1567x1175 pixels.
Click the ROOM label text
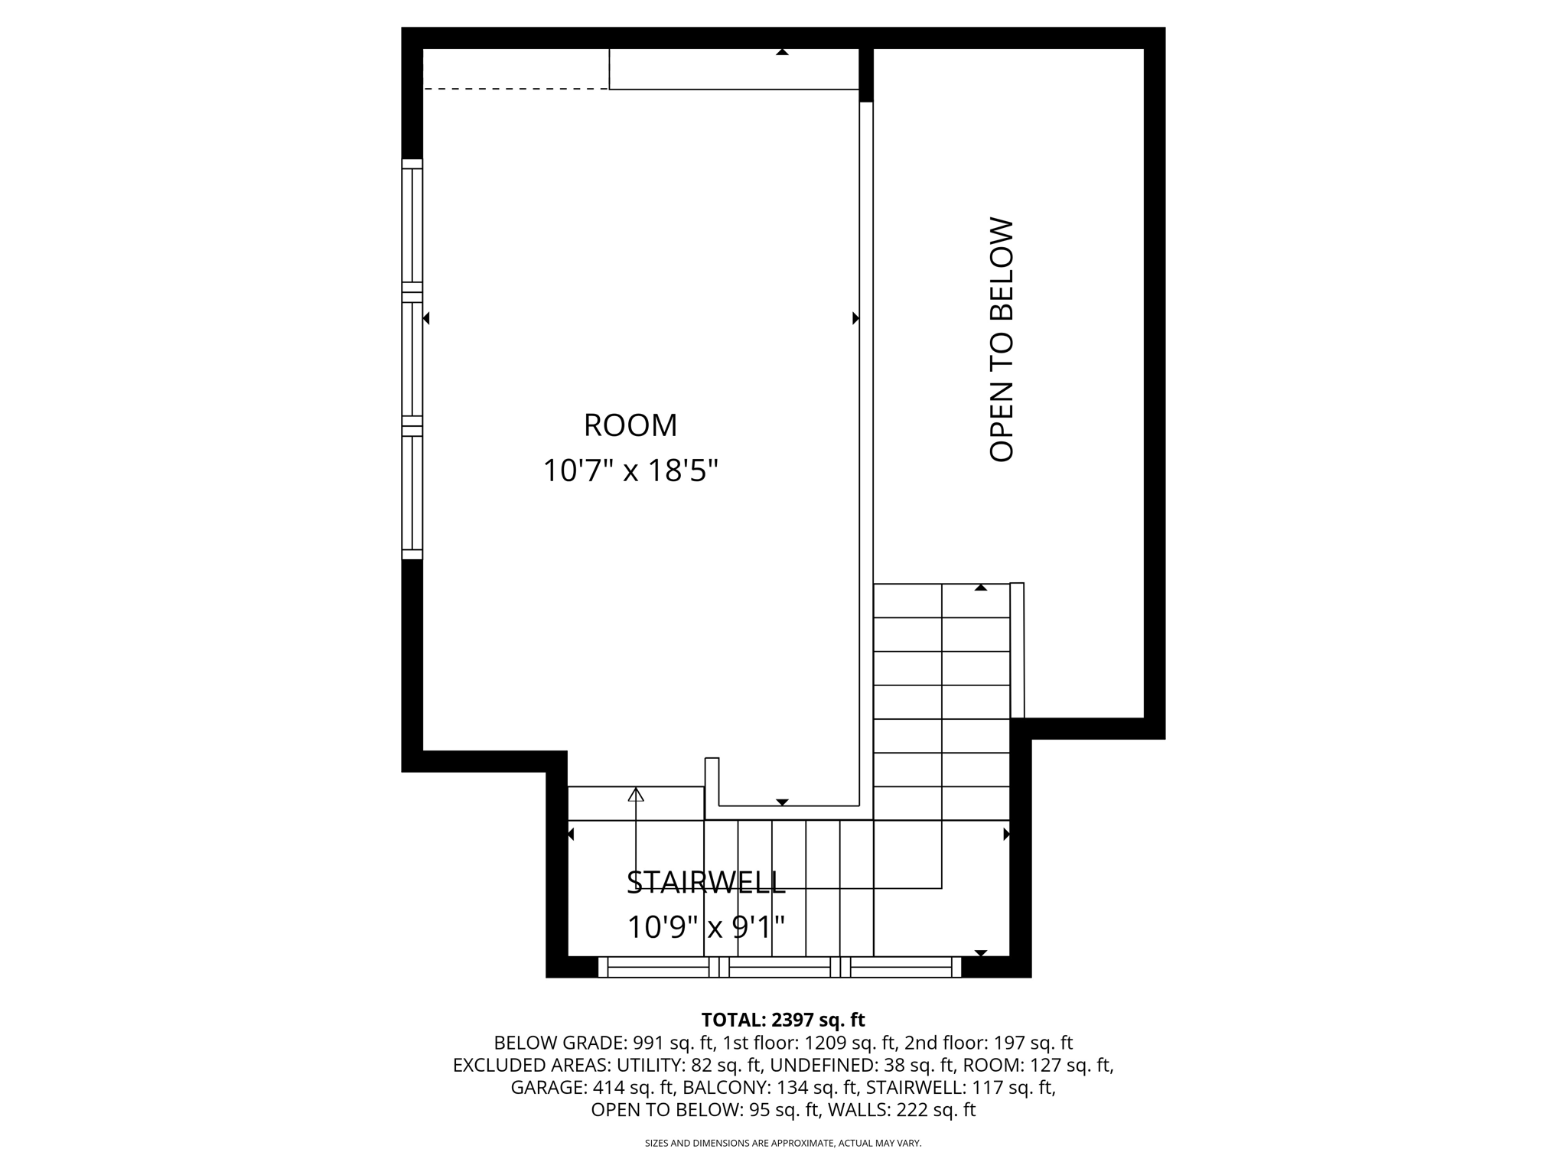click(630, 425)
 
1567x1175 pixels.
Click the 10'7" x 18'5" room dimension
click(630, 470)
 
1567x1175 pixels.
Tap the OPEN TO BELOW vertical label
click(1001, 340)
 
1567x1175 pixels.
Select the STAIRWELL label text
click(705, 882)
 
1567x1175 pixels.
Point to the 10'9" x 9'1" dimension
click(705, 927)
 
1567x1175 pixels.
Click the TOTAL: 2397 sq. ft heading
click(783, 1020)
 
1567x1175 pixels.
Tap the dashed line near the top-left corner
click(515, 89)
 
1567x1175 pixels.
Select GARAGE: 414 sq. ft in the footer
click(591, 1087)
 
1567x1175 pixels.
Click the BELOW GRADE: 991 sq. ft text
click(604, 1043)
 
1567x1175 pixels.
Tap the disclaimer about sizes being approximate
click(783, 1144)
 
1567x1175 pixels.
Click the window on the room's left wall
click(412, 360)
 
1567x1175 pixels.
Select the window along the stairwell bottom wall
click(779, 968)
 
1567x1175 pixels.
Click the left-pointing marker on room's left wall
click(426, 318)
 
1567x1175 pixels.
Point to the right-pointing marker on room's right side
click(855, 318)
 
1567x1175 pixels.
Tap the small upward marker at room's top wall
click(782, 52)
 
